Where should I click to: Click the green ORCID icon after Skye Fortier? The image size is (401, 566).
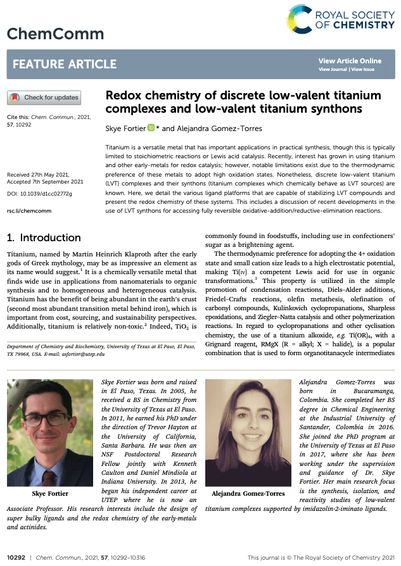[151, 129]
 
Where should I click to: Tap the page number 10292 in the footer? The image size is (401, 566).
[15, 557]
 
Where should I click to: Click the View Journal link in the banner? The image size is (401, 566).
[333, 69]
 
